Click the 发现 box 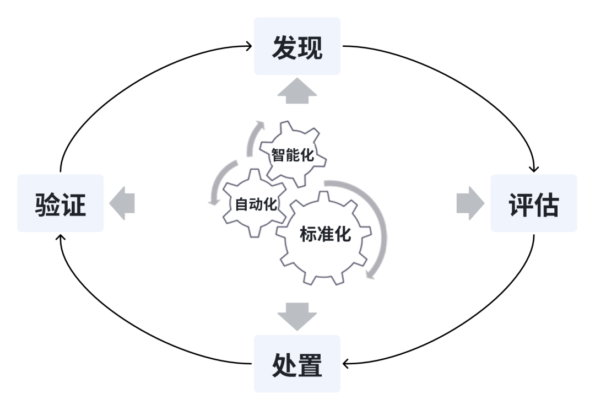coord(297,46)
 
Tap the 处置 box coord(297,364)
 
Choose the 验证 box coord(61,203)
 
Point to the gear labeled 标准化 coord(325,237)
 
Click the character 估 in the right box coord(547,204)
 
